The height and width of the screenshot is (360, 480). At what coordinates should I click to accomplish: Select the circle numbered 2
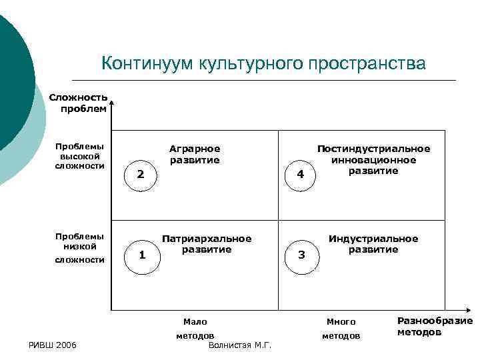click(141, 175)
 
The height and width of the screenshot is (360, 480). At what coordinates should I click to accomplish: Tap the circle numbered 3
click(301, 255)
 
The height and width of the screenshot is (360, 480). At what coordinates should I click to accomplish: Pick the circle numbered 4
click(301, 175)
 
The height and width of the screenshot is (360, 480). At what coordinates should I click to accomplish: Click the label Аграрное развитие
click(194, 154)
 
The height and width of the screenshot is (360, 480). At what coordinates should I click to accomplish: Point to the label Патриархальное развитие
click(207, 244)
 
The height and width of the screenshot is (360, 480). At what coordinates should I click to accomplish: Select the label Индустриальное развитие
click(373, 244)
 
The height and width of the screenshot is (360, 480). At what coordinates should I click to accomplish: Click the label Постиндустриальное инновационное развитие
click(373, 160)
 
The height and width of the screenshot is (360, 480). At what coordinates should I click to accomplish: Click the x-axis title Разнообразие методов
click(435, 326)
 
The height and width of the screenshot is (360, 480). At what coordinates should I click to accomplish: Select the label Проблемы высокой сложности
click(80, 156)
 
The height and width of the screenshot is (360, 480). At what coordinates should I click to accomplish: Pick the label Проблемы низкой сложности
click(80, 247)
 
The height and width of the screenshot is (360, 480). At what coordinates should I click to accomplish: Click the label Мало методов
click(195, 329)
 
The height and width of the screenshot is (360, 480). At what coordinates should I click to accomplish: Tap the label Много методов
click(341, 329)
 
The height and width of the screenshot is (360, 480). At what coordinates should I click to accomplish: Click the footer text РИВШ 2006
click(53, 345)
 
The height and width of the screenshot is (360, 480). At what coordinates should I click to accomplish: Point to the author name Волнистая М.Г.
click(240, 345)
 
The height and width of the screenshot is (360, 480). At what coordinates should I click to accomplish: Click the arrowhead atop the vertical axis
click(111, 103)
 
